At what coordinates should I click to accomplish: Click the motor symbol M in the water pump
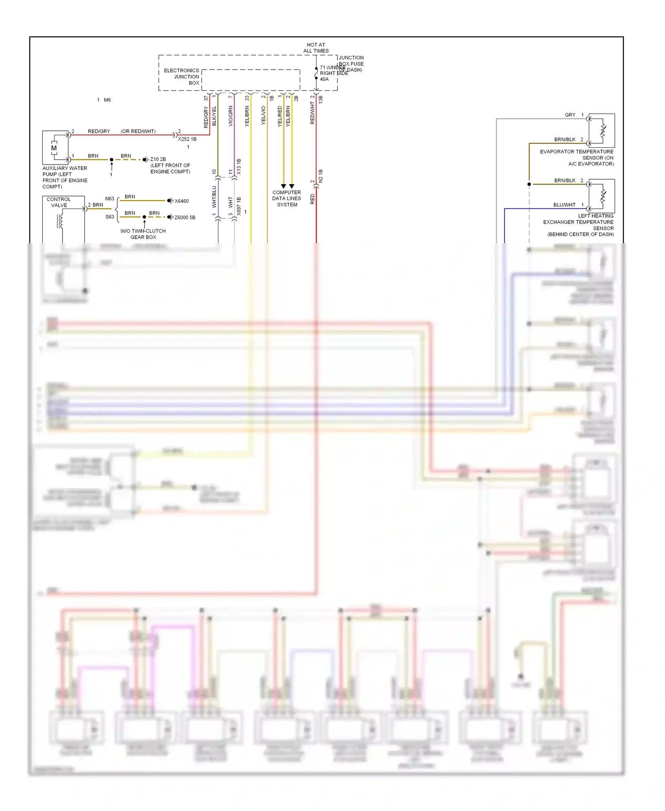click(54, 148)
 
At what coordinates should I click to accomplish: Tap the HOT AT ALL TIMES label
click(316, 47)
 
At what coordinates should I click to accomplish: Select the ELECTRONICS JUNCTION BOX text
click(182, 77)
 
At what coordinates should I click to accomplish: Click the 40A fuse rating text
click(325, 79)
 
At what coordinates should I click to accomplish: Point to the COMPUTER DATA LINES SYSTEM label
click(287, 198)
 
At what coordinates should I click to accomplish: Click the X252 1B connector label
click(187, 139)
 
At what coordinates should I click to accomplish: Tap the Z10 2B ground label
click(158, 159)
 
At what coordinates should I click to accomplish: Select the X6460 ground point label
click(181, 201)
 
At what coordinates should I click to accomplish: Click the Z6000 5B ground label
click(185, 217)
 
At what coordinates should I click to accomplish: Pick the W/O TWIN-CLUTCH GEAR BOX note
click(143, 234)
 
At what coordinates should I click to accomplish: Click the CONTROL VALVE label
click(59, 202)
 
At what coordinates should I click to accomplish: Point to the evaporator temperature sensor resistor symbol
click(602, 130)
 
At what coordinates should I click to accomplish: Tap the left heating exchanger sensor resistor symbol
click(602, 196)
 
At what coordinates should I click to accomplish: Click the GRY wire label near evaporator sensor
click(570, 115)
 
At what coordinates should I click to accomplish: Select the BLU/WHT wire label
click(564, 205)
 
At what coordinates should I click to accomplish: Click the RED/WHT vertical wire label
click(312, 113)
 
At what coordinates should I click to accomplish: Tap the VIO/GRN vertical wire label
click(231, 116)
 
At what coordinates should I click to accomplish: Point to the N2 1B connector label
click(321, 176)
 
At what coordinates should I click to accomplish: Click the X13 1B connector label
click(239, 166)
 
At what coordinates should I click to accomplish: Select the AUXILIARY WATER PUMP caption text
click(65, 177)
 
